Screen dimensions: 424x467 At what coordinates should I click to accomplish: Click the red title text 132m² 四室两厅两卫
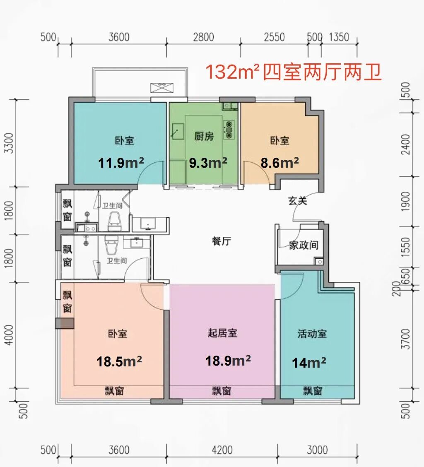pyautogui.click(x=294, y=72)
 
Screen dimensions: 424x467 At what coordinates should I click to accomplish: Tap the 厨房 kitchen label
pyautogui.click(x=204, y=136)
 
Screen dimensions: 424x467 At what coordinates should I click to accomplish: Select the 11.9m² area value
pyautogui.click(x=121, y=163)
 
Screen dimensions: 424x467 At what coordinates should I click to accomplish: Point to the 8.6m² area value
pyautogui.click(x=279, y=163)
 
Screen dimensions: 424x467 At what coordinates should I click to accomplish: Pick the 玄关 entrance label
pyautogui.click(x=297, y=201)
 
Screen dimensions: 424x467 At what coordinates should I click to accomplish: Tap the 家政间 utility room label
pyautogui.click(x=304, y=245)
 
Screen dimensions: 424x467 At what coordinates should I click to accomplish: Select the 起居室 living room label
pyautogui.click(x=222, y=333)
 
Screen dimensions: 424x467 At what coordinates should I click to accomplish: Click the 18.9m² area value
pyautogui.click(x=228, y=361)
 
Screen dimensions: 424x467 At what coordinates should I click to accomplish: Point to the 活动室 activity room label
pyautogui.click(x=312, y=334)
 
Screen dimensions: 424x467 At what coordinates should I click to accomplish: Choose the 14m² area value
pyautogui.click(x=309, y=362)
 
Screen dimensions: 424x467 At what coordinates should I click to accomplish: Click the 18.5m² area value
pyautogui.click(x=119, y=361)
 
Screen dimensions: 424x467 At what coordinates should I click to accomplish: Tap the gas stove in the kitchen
pyautogui.click(x=229, y=130)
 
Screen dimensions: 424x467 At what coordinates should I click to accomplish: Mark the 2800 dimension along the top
pyautogui.click(x=203, y=37)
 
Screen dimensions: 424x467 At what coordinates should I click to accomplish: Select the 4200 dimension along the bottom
pyautogui.click(x=222, y=450)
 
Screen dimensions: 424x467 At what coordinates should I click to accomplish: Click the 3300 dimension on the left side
pyautogui.click(x=10, y=143)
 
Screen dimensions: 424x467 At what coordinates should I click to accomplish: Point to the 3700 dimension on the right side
pyautogui.click(x=405, y=339)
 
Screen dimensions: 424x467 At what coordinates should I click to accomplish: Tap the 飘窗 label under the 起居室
pyautogui.click(x=222, y=391)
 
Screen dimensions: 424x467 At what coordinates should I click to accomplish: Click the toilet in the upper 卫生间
pyautogui.click(x=115, y=221)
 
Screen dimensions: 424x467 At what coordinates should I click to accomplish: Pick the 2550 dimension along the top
pyautogui.click(x=274, y=37)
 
